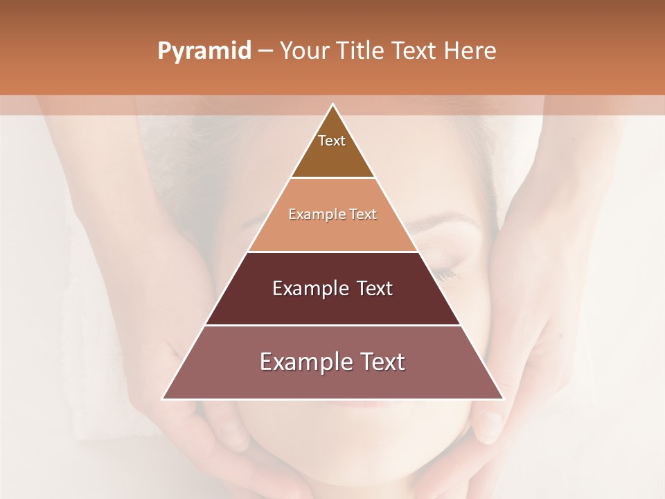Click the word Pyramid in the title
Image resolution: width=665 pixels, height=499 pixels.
204,51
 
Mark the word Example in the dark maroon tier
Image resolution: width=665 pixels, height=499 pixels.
310,288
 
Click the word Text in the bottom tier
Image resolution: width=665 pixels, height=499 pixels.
381,362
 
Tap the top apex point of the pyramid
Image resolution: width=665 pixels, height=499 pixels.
332,104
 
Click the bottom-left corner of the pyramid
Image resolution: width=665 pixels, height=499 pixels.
163,399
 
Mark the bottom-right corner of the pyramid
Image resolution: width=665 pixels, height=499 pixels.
503,399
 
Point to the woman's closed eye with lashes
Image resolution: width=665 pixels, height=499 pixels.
443,272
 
